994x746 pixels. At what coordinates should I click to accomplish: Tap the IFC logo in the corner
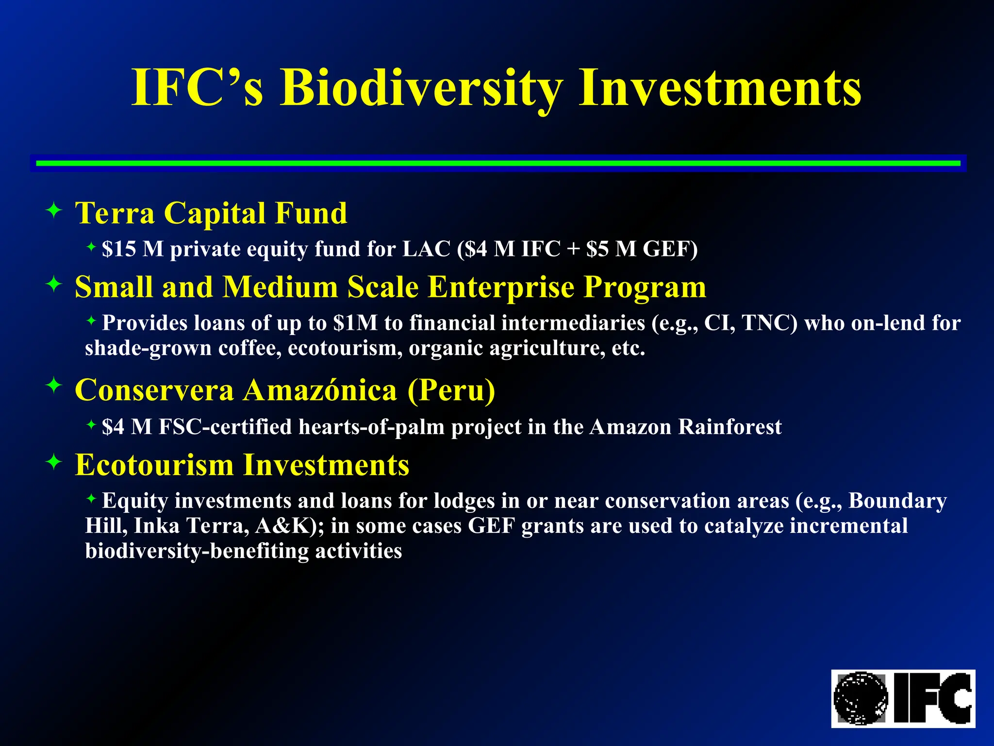[903, 698]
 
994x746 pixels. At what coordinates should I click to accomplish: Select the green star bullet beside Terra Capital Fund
[54, 211]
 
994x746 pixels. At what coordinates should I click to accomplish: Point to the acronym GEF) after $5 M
[670, 249]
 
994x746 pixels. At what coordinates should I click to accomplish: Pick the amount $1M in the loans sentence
[355, 323]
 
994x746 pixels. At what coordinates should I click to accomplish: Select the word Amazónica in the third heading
[320, 390]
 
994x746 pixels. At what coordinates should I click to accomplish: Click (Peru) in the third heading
[451, 390]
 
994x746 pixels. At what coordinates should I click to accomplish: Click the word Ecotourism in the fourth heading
[154, 465]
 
